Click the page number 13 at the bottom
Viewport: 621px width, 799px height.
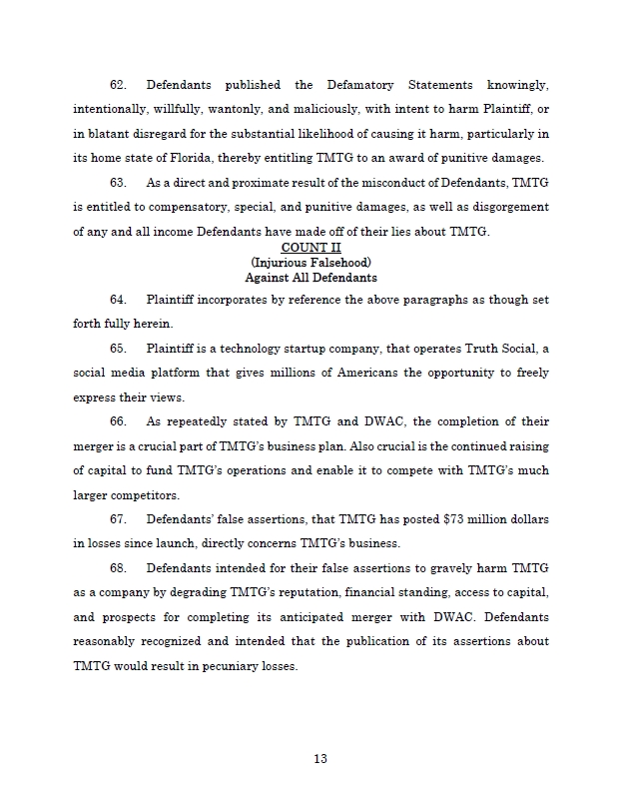[x=319, y=758]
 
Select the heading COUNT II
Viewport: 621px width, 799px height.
[x=310, y=247]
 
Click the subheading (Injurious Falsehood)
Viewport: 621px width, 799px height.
[x=310, y=262]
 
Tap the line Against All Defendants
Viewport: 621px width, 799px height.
[x=310, y=277]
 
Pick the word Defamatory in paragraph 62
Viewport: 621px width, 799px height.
[x=382, y=85]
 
